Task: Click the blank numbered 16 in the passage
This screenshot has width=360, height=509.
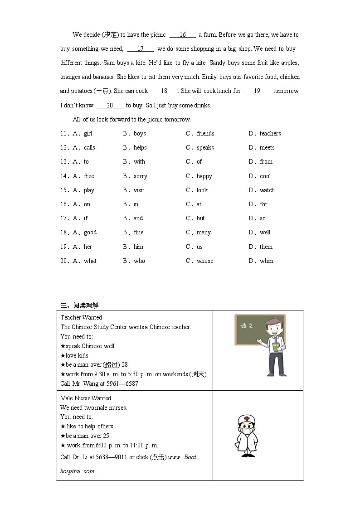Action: (x=182, y=35)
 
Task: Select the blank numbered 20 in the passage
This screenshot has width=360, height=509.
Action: (x=110, y=106)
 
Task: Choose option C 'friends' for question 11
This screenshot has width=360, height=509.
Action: (x=205, y=134)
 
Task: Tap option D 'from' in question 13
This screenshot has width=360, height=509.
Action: (x=266, y=162)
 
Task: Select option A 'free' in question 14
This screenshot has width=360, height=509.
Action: (x=88, y=176)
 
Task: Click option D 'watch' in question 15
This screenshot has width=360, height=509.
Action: (x=267, y=190)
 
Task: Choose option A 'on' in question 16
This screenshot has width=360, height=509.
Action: (x=87, y=204)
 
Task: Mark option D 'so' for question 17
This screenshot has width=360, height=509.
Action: (x=263, y=218)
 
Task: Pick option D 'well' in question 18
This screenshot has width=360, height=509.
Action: (x=264, y=233)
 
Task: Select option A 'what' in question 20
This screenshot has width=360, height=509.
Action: (x=90, y=261)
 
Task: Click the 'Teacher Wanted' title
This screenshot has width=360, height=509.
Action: (x=81, y=317)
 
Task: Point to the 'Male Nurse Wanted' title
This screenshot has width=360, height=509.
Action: (x=86, y=398)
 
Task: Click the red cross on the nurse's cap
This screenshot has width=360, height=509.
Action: (x=247, y=419)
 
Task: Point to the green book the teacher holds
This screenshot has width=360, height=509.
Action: (x=276, y=347)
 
